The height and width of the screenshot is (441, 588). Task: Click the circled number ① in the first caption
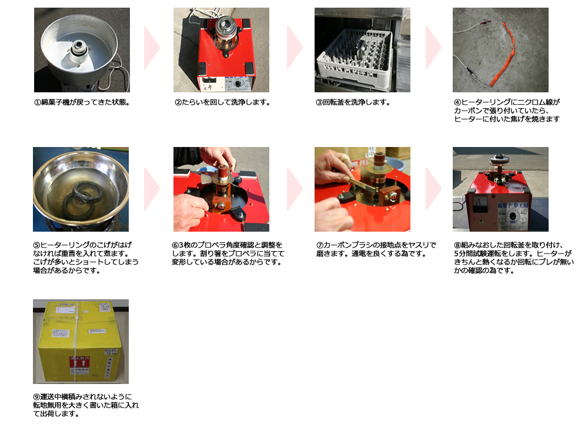(x=38, y=102)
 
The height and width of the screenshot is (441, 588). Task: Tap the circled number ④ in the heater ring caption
(x=457, y=102)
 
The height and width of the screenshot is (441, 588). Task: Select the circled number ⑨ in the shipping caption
(x=36, y=397)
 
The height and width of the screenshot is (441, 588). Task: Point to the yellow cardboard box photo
(x=81, y=341)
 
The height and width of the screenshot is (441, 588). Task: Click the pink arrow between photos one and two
(x=152, y=48)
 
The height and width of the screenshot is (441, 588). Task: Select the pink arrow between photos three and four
(x=433, y=48)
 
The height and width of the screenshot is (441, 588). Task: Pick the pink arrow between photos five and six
(x=152, y=189)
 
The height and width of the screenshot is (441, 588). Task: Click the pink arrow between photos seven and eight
(x=433, y=189)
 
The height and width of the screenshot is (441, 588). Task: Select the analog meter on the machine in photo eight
(x=478, y=205)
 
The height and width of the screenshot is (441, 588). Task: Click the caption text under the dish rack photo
(x=353, y=102)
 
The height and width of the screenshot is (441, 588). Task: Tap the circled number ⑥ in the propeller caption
(x=175, y=245)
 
